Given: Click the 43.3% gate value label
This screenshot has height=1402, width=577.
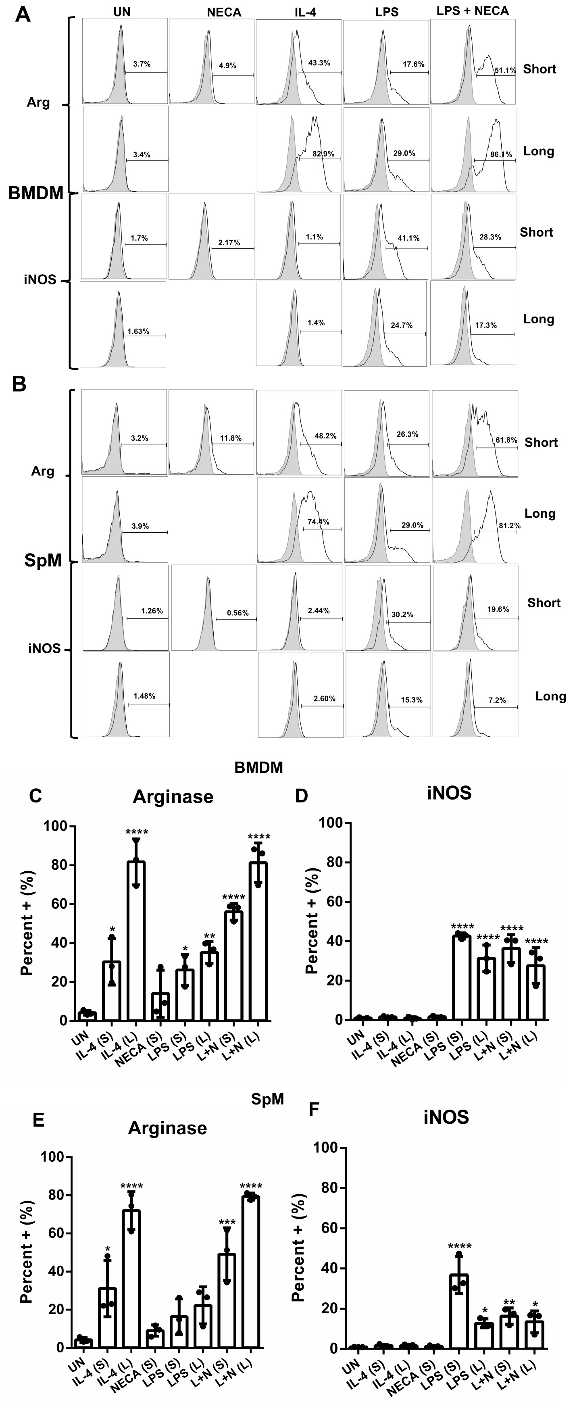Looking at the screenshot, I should [319, 63].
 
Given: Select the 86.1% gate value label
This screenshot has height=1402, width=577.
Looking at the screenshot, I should [501, 154].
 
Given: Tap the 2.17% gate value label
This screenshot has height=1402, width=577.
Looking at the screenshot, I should [229, 243].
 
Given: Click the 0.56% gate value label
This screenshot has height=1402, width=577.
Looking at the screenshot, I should [238, 613].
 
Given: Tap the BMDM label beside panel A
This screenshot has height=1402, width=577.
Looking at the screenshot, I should [36, 193].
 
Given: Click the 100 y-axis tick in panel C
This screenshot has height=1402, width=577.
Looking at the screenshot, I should [56, 827].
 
